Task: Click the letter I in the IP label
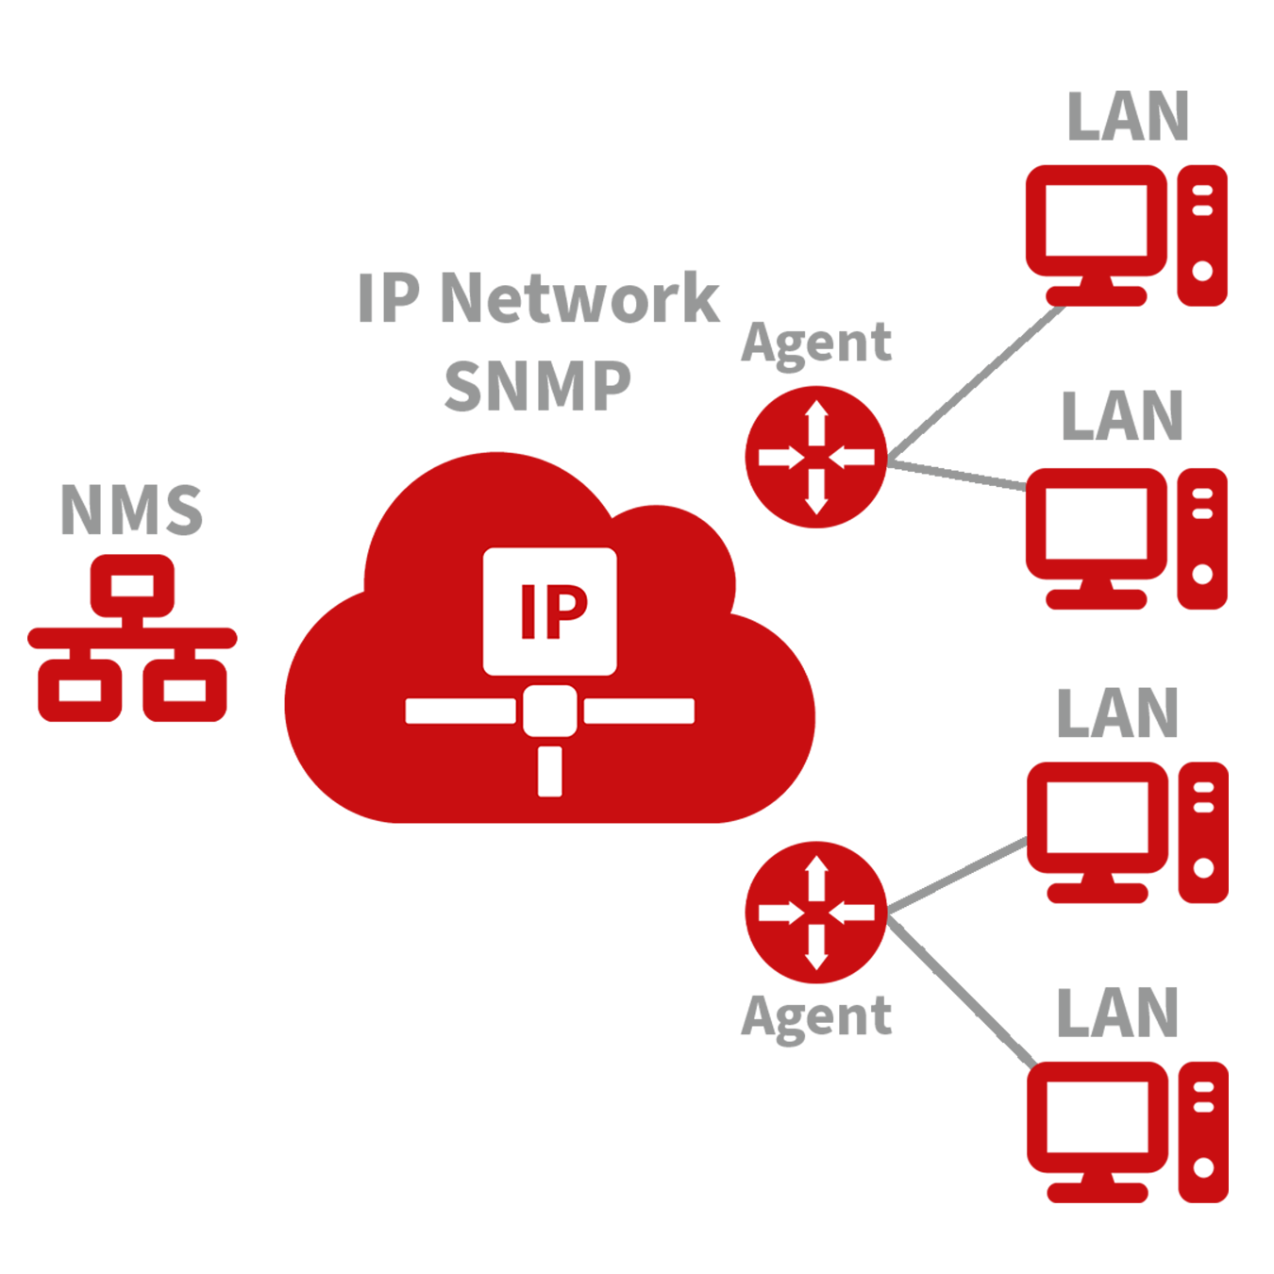529,612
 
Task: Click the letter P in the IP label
567,612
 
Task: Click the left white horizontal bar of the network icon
461,711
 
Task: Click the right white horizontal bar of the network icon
639,711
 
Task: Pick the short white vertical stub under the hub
550,771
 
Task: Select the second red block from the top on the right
1123,547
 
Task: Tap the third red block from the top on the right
1123,849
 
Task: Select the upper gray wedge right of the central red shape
953,491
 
